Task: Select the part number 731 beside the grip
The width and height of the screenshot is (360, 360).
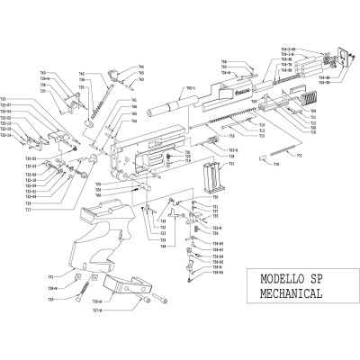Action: point(51,275)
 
